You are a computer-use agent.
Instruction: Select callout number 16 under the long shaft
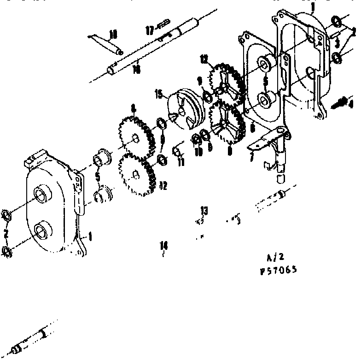pos(136,69)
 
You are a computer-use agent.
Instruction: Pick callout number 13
pos(204,211)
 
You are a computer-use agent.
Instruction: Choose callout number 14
pos(163,245)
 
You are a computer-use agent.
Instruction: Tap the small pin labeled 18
pos(106,43)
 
